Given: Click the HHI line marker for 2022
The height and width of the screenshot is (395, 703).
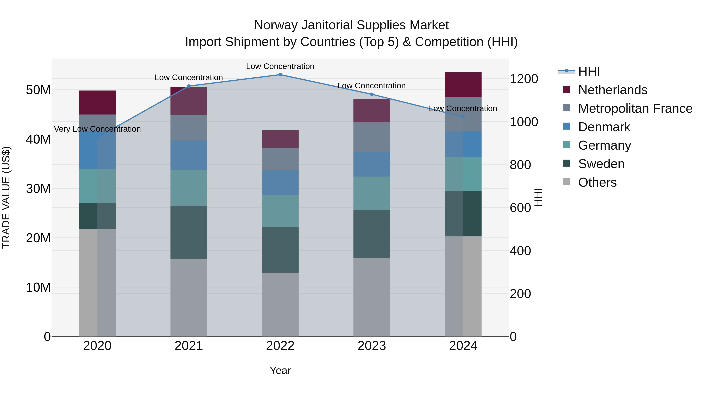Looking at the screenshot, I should click(x=280, y=75).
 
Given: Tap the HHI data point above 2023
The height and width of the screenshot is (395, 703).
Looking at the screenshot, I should click(x=372, y=94).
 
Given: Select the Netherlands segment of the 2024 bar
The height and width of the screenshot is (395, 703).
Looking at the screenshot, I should click(x=463, y=85).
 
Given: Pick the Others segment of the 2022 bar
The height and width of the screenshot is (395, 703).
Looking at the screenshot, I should click(x=280, y=304).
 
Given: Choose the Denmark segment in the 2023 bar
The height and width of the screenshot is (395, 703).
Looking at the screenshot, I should click(x=372, y=164).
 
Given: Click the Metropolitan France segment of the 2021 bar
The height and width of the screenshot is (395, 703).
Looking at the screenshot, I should click(x=189, y=128).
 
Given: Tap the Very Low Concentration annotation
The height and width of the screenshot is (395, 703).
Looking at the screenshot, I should click(x=97, y=129).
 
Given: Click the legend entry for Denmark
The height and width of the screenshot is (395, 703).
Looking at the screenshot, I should click(x=604, y=127).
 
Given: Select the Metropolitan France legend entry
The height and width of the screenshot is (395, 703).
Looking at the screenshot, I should click(x=635, y=108).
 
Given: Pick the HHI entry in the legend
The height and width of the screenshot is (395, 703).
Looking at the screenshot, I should click(x=589, y=71).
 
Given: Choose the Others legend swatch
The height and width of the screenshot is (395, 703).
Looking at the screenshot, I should click(x=567, y=182).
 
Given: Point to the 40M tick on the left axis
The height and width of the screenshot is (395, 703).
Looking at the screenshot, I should click(x=38, y=139).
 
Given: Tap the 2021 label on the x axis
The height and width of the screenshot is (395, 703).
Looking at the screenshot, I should click(x=189, y=346).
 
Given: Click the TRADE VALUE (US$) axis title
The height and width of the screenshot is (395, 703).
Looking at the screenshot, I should click(x=6, y=197).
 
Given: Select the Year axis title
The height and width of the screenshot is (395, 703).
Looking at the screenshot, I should click(x=280, y=370).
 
